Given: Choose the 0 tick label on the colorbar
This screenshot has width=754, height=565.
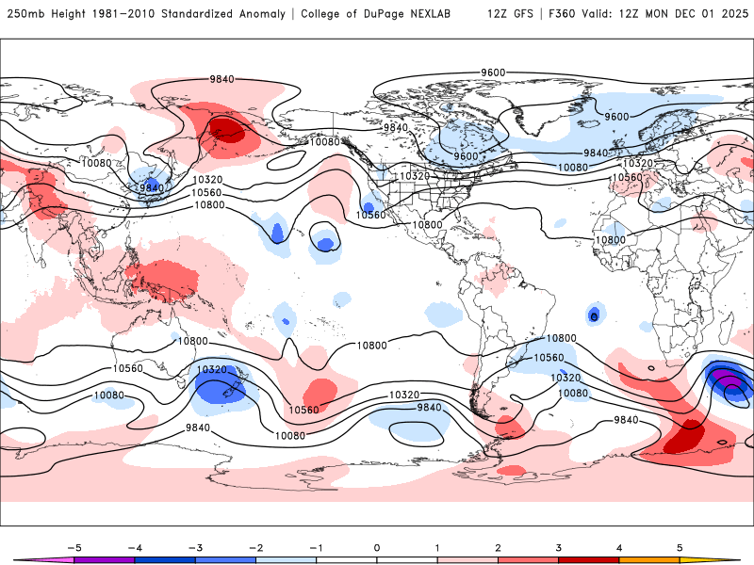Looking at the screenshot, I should [377, 547].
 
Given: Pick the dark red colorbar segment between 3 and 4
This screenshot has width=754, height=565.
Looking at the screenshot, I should [589, 558].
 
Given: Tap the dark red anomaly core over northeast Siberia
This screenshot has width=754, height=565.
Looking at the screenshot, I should [227, 129].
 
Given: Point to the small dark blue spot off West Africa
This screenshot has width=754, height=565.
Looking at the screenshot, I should [594, 315].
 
